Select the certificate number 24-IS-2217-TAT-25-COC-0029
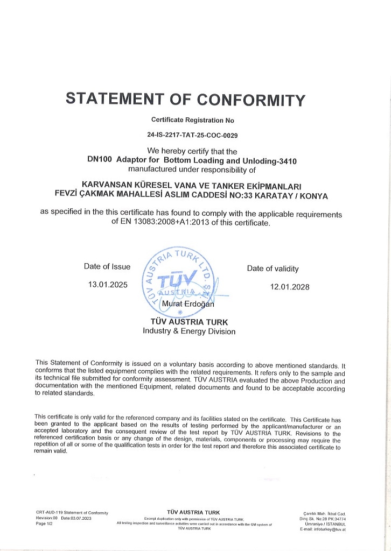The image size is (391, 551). point(192,136)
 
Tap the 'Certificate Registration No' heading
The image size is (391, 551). point(192,120)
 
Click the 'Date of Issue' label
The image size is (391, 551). point(107,266)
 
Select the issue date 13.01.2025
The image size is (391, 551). point(108,285)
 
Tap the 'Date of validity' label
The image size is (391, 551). point(273,269)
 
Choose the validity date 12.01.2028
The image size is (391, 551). point(290,287)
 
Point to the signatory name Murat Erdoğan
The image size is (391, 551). point(192,304)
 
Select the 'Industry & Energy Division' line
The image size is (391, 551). point(189,331)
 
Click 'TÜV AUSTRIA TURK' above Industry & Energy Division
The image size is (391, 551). point(189,322)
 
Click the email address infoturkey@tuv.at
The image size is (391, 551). point(330,529)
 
